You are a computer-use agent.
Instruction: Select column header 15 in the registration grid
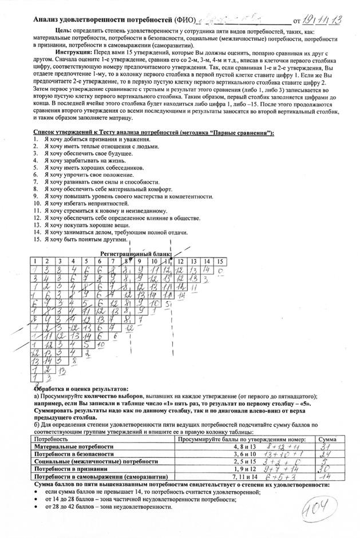pos(220,262)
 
